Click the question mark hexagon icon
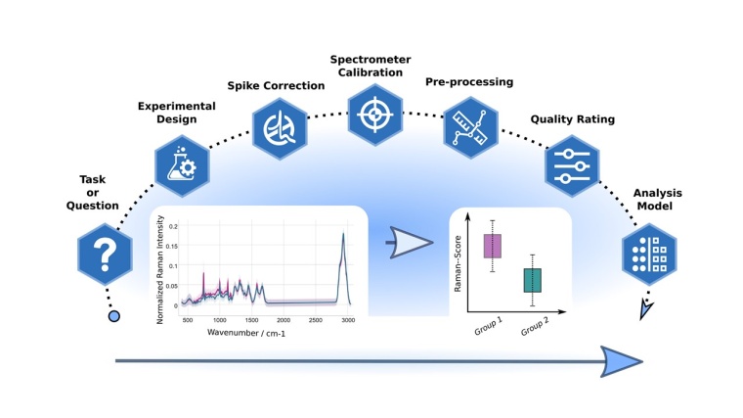(x=105, y=253)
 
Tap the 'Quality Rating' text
(x=572, y=119)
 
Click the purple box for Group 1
(x=494, y=245)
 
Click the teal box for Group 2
(x=533, y=280)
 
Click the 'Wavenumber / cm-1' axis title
(x=249, y=333)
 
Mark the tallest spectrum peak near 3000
(x=344, y=234)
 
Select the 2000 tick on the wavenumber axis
(x=284, y=319)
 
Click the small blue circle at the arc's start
(x=114, y=316)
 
